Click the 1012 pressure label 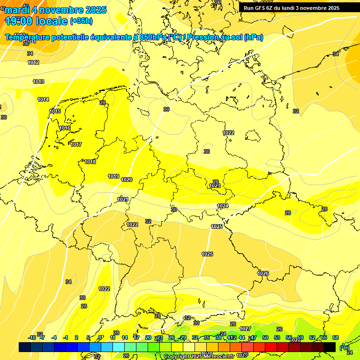[x=33, y=62]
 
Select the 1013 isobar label [x=38, y=82]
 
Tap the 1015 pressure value [x=55, y=111]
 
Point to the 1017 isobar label [x=76, y=144]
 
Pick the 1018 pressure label [x=90, y=162]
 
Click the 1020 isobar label [x=127, y=180]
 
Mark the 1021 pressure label [x=123, y=199]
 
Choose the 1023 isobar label [x=215, y=186]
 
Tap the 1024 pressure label [x=223, y=206]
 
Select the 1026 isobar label [x=263, y=273]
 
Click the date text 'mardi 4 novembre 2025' [x=56, y=10]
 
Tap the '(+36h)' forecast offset [x=81, y=21]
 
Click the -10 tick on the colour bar [x=32, y=337]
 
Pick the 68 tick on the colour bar [x=336, y=337]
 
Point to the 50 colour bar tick [x=265, y=337]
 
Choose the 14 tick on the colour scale [x=125, y=337]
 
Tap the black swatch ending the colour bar [x=330, y=347]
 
